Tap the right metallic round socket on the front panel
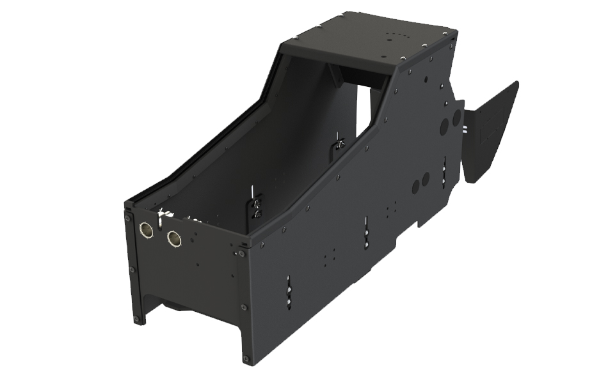(174, 239)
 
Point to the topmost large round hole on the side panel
(456, 118)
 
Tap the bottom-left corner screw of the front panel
(136, 319)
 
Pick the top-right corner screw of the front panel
(241, 254)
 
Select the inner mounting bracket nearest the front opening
(256, 203)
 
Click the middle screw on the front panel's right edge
(244, 307)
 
